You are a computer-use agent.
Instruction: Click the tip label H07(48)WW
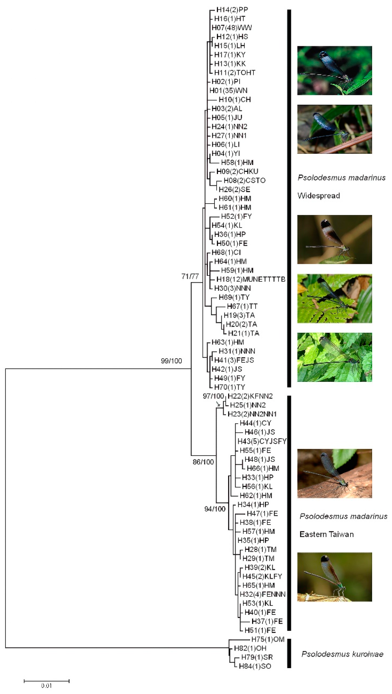[232, 28]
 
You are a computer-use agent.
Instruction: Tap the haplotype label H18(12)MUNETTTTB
[251, 279]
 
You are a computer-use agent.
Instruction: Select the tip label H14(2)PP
[232, 10]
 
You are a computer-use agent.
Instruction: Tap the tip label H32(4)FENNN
[263, 594]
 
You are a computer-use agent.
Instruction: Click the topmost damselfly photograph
[334, 71]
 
